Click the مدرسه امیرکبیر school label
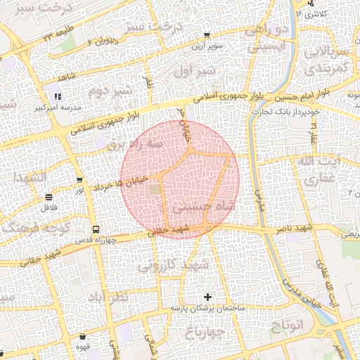click(x=56, y=109)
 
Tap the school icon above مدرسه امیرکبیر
click(x=56, y=97)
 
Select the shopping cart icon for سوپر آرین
click(x=205, y=35)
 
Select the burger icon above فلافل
click(x=49, y=197)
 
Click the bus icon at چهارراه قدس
click(x=96, y=229)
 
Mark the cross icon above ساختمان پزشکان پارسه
click(x=207, y=297)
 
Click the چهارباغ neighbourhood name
click(x=207, y=330)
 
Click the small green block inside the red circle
click(x=155, y=188)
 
